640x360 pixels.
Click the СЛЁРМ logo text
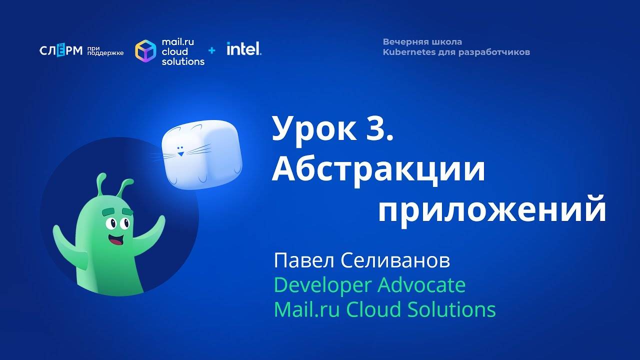(60, 50)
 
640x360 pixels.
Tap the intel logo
(243, 49)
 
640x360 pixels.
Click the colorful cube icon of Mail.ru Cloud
(145, 51)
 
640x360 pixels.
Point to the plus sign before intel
(212, 50)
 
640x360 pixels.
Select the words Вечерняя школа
(422, 42)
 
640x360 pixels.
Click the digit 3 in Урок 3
(379, 129)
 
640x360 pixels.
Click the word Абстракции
(378, 170)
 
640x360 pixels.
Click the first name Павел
(303, 261)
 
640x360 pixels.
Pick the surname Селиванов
(395, 261)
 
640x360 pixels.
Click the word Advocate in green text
(421, 285)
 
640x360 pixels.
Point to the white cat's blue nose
(180, 148)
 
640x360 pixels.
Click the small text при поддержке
(104, 50)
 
